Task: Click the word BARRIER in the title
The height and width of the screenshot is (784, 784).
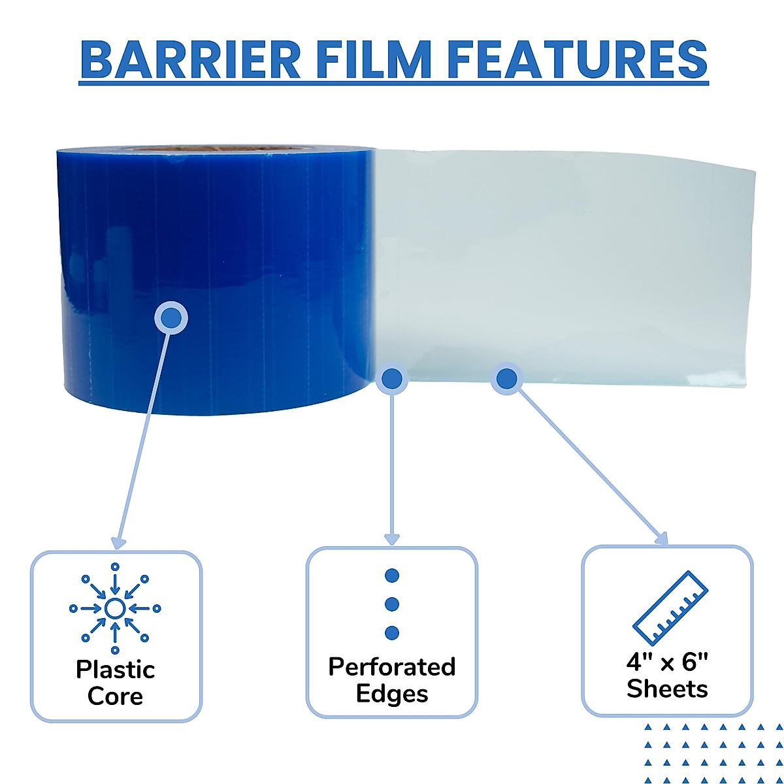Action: click(190, 60)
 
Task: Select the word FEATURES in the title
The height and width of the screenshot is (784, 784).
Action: click(578, 60)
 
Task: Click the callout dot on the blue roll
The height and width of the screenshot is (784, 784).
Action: click(171, 318)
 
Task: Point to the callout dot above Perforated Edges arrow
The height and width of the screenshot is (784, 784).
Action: click(391, 378)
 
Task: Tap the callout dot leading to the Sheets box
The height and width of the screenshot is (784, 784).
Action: click(507, 378)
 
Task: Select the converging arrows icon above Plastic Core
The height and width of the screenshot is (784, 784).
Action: click(115, 609)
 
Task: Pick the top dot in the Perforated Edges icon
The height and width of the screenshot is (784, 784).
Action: click(392, 576)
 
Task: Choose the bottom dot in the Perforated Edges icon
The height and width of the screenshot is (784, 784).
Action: click(392, 632)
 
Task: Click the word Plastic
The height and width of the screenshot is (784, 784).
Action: click(116, 670)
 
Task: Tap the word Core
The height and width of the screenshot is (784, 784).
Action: click(116, 696)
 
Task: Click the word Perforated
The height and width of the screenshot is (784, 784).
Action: click(392, 667)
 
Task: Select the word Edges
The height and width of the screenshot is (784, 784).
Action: click(392, 694)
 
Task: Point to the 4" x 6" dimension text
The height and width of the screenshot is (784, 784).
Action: click(667, 662)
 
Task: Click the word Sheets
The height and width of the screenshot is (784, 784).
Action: click(667, 689)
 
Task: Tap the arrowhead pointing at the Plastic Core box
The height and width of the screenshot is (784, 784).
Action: click(118, 543)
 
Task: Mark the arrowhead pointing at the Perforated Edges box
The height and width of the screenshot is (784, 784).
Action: click(391, 540)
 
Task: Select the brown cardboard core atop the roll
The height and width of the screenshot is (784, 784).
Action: click(216, 149)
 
